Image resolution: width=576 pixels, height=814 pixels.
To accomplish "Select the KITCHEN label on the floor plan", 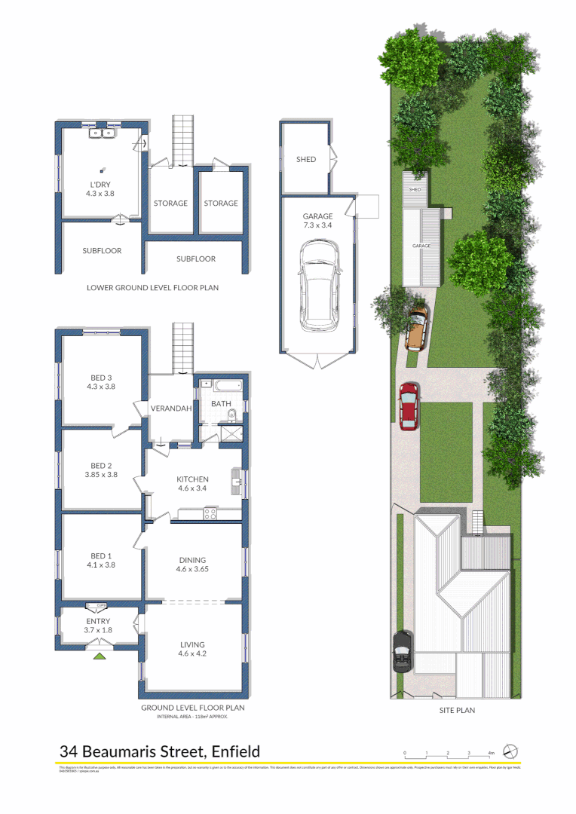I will [x=192, y=479].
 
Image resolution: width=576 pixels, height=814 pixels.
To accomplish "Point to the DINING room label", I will [x=192, y=560].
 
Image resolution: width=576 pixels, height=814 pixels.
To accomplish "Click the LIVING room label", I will [x=192, y=644].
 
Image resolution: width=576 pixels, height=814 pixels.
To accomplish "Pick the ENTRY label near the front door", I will [x=98, y=621].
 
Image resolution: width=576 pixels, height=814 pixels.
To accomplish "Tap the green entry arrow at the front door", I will [x=98, y=656].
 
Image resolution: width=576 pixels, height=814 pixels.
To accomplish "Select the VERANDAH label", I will [x=169, y=408].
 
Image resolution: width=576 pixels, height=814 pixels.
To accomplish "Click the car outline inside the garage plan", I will [x=318, y=286].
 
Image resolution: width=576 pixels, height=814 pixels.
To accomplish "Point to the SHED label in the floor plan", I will [x=305, y=159].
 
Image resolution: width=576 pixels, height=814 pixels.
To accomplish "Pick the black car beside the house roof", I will [x=402, y=651].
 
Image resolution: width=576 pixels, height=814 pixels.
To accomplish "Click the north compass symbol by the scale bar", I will [x=510, y=752].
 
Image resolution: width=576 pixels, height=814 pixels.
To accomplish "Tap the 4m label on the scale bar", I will [x=491, y=753].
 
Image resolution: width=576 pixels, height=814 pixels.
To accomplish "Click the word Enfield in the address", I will [x=236, y=751].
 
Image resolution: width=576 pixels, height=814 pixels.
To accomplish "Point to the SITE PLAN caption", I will [x=457, y=710].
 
